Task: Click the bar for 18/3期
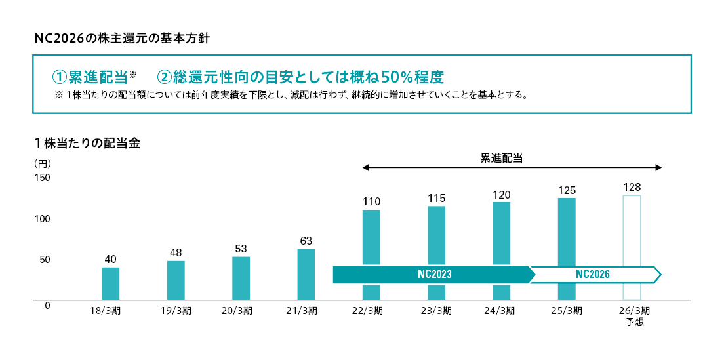click(x=110, y=283)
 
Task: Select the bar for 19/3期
click(x=176, y=280)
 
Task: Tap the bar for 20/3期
click(x=241, y=278)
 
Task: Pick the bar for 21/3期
click(x=306, y=274)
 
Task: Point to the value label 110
click(x=371, y=201)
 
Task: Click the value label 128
click(x=632, y=187)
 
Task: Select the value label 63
click(x=306, y=240)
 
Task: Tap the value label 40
click(x=110, y=259)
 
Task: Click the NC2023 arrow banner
click(x=433, y=275)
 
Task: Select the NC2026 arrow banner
click(x=593, y=275)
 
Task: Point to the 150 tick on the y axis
click(x=42, y=178)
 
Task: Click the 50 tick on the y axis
click(x=45, y=260)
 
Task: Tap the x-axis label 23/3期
click(x=436, y=311)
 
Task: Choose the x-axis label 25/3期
click(x=567, y=311)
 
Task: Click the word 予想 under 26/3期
click(x=635, y=322)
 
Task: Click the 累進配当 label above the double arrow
click(x=502, y=158)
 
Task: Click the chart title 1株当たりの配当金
click(x=88, y=143)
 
